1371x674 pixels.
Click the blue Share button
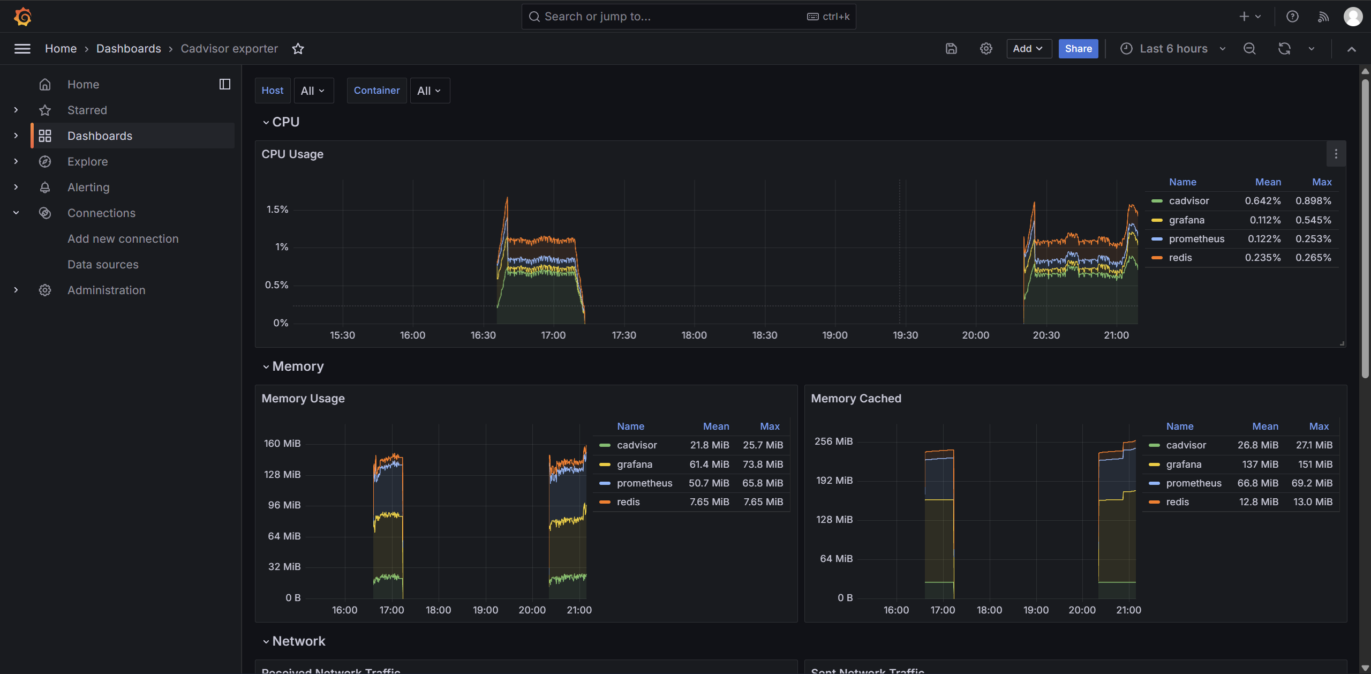click(1078, 49)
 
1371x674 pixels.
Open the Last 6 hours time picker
click(1173, 49)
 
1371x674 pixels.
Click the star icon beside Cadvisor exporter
click(298, 49)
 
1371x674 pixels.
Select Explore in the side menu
click(87, 161)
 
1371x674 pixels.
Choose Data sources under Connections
click(103, 264)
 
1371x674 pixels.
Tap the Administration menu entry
click(106, 290)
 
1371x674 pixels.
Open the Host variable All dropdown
click(313, 91)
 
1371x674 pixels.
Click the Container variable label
click(376, 91)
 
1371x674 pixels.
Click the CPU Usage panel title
click(292, 154)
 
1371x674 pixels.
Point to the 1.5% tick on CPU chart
click(277, 209)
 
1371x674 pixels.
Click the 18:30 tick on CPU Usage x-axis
click(764, 335)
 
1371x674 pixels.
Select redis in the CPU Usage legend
click(1180, 258)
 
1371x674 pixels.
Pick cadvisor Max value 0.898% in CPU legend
click(1313, 201)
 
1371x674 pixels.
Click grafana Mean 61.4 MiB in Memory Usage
click(709, 465)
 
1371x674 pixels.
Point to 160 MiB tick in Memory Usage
click(282, 444)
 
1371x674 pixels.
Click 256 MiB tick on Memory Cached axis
click(833, 441)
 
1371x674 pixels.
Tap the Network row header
click(298, 641)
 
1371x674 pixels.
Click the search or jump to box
click(689, 17)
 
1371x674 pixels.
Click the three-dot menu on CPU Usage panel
click(1336, 154)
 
